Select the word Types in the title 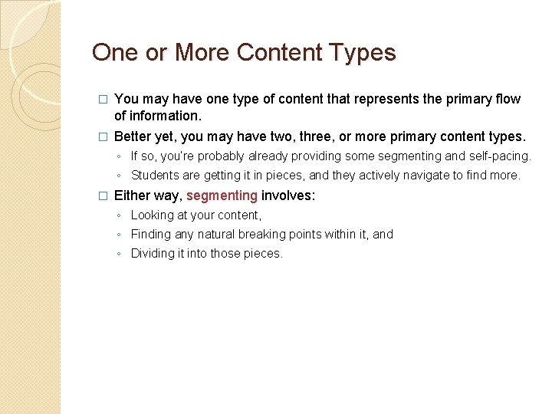pyautogui.click(x=363, y=52)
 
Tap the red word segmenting pyautogui.click(x=222, y=195)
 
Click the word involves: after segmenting pyautogui.click(x=288, y=195)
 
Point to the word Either pyautogui.click(x=133, y=195)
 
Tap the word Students pyautogui.click(x=156, y=176)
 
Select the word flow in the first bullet pyautogui.click(x=507, y=99)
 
